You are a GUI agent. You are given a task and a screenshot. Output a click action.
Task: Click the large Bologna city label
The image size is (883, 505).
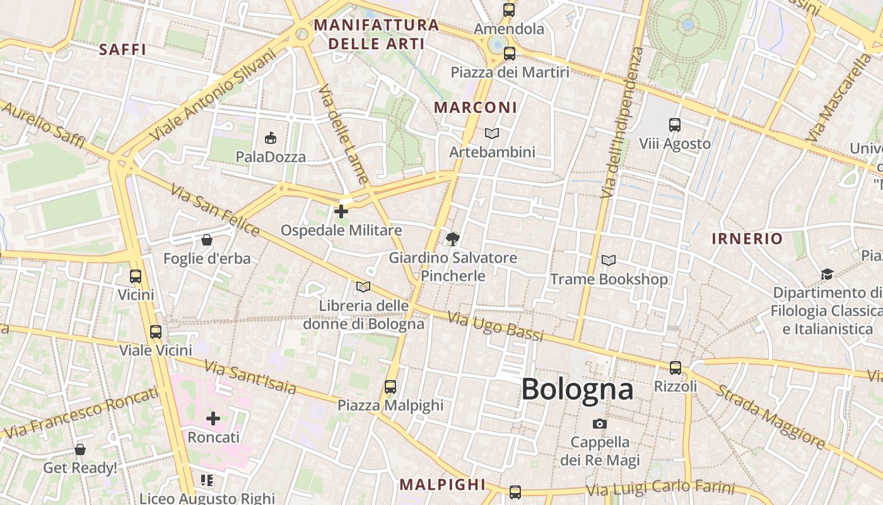point(577,389)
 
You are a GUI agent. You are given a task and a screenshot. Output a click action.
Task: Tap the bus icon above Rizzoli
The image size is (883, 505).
point(675,367)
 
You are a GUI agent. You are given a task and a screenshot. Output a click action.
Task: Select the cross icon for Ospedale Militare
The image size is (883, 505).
point(341,211)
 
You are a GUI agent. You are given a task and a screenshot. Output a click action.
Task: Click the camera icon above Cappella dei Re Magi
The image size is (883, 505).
point(600,424)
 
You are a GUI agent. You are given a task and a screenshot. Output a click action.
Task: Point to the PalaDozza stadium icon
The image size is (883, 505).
point(271,138)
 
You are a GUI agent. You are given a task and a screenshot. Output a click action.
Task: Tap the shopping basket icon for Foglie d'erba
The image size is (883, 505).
point(206,240)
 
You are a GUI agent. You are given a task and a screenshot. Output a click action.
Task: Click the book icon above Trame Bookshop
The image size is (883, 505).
point(609,260)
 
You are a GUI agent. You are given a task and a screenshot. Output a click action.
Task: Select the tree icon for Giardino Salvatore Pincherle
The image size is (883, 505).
point(452,239)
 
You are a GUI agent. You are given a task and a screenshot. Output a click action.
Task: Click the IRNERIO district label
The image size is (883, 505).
point(747,239)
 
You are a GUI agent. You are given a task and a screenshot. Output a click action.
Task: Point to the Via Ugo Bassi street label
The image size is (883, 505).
point(496,326)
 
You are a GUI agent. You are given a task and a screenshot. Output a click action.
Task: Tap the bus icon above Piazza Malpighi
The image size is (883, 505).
point(390,386)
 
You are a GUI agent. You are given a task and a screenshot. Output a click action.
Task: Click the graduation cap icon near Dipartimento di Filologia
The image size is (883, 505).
point(826,274)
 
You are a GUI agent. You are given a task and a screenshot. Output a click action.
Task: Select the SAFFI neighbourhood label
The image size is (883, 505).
point(122,49)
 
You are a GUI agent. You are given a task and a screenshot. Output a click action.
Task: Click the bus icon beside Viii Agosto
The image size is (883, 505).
point(675,125)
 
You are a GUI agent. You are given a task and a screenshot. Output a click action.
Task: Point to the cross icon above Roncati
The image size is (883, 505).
point(213,418)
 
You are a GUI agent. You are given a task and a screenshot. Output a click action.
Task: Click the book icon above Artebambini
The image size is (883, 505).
point(492,133)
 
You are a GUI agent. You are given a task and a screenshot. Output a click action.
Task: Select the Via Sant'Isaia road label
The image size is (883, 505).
point(250,377)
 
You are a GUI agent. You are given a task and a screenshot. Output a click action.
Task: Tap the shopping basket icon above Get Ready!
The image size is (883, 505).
point(80,449)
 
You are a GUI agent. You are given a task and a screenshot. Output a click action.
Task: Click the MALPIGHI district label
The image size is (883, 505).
point(443,484)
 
